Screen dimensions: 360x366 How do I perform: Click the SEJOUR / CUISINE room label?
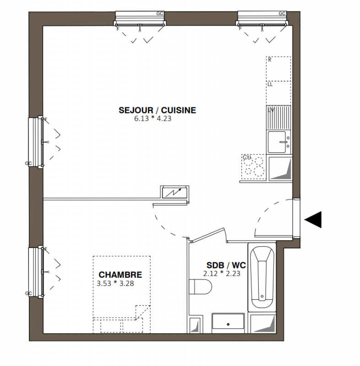pos(157,110)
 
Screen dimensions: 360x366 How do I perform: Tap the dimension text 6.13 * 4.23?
pos(153,118)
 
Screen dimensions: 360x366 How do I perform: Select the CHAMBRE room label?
pos(120,274)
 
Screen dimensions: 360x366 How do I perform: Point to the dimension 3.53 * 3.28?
pos(115,283)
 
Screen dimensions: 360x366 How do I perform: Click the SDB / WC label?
pos(226,265)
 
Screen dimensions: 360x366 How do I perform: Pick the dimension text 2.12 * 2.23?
pos(222,273)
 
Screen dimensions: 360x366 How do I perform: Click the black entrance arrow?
pos(313,220)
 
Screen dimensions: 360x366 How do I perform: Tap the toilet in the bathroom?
pos(200,287)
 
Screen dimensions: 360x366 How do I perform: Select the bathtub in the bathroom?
pos(262,277)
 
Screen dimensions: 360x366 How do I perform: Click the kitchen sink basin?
pos(277,142)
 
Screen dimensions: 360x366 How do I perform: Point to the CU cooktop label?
pos(247,157)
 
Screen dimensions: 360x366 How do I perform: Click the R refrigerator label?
pos(270,60)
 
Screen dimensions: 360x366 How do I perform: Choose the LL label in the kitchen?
pos(270,84)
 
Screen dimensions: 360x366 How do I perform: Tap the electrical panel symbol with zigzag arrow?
pos(175,193)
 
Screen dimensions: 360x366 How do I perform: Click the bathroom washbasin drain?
pos(228,324)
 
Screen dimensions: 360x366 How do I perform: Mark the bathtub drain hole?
pos(262,296)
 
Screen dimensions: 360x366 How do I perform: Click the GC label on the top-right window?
pos(282,14)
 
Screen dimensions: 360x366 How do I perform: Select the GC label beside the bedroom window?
pos(28,293)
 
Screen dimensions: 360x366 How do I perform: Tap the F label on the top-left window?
pos(118,29)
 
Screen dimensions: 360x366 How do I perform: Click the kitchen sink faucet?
pos(284,142)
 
